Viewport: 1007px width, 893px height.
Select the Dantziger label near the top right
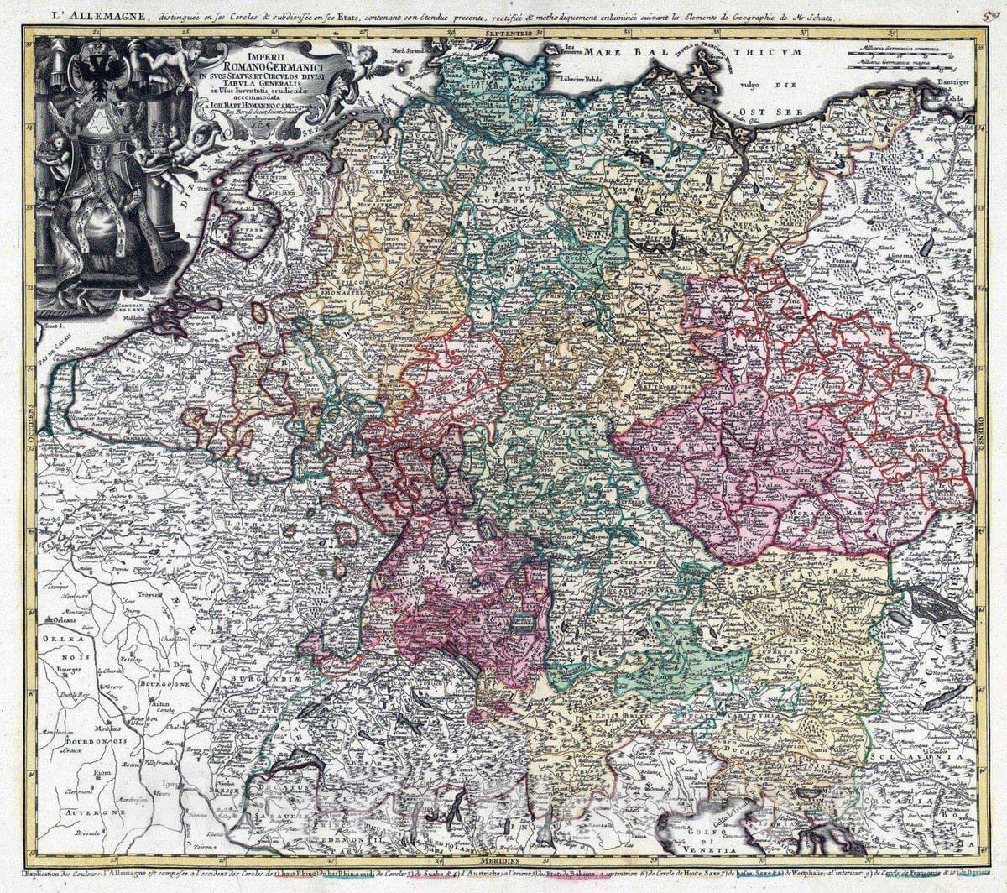pyautogui.click(x=955, y=82)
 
